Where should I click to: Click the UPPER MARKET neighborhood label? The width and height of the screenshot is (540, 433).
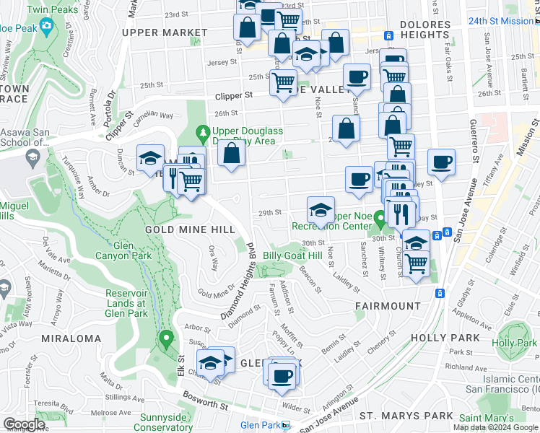(x=165, y=32)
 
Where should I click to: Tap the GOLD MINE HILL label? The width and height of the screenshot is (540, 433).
(x=190, y=229)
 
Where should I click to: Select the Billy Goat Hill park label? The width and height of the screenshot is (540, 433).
(x=292, y=255)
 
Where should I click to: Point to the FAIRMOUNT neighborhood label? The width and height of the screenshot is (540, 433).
(x=388, y=306)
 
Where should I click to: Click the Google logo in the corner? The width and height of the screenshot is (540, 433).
(x=24, y=424)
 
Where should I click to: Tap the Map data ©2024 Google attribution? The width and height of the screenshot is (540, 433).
(x=495, y=427)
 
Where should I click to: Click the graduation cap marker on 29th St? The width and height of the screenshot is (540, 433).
(x=321, y=211)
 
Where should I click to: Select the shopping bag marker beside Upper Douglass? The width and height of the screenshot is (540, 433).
(x=231, y=154)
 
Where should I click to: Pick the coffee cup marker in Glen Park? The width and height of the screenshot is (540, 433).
(x=282, y=375)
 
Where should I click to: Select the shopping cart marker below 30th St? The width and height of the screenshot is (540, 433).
(x=416, y=265)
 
